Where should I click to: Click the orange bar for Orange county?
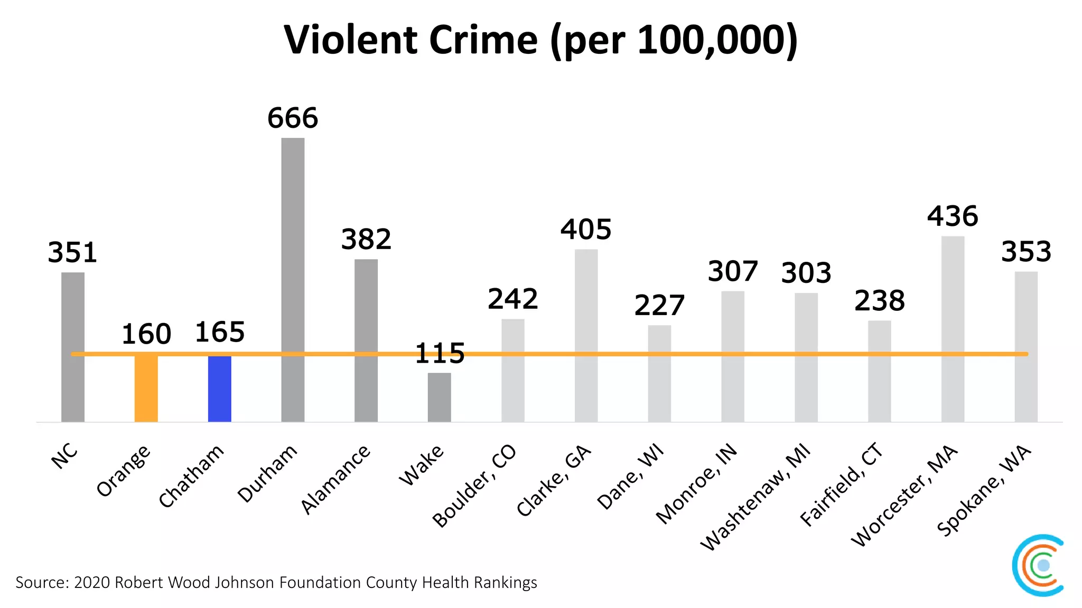pos(146,389)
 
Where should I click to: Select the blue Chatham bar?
pos(219,389)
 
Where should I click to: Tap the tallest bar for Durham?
pos(293,280)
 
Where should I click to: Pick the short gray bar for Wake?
pos(439,397)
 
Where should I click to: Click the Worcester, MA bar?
pos(953,329)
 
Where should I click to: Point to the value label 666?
pos(293,118)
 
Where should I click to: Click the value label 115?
pos(440,353)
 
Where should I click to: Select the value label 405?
pos(586,230)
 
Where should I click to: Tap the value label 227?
pos(659,306)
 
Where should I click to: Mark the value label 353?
pos(1026,252)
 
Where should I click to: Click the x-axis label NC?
pos(65,456)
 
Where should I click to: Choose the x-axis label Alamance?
pos(335,479)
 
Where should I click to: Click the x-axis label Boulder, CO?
pos(474,486)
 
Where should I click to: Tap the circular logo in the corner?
pos(1038,565)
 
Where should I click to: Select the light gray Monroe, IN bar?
pos(732,356)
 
